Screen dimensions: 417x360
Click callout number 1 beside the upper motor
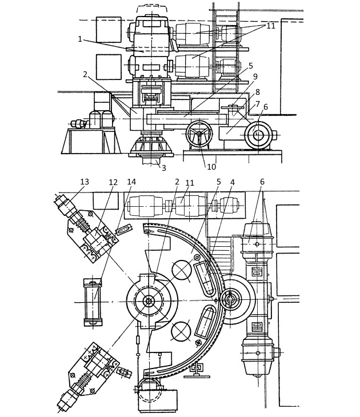pos(80,39)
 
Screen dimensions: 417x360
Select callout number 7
pos(257,104)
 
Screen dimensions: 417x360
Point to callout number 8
pos(257,91)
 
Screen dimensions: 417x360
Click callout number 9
pos(255,77)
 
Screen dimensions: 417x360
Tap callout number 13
pos(85,182)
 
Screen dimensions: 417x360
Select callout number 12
pos(113,182)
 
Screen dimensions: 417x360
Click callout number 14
pos(132,182)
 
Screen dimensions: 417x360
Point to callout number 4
pos(233,182)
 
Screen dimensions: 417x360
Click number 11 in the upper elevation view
pos(271,26)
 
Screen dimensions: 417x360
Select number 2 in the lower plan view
pos(177,182)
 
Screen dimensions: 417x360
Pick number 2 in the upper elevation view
pos(85,74)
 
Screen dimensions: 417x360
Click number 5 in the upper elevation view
pos(250,66)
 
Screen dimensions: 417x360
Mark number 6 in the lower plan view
pos(262,182)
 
